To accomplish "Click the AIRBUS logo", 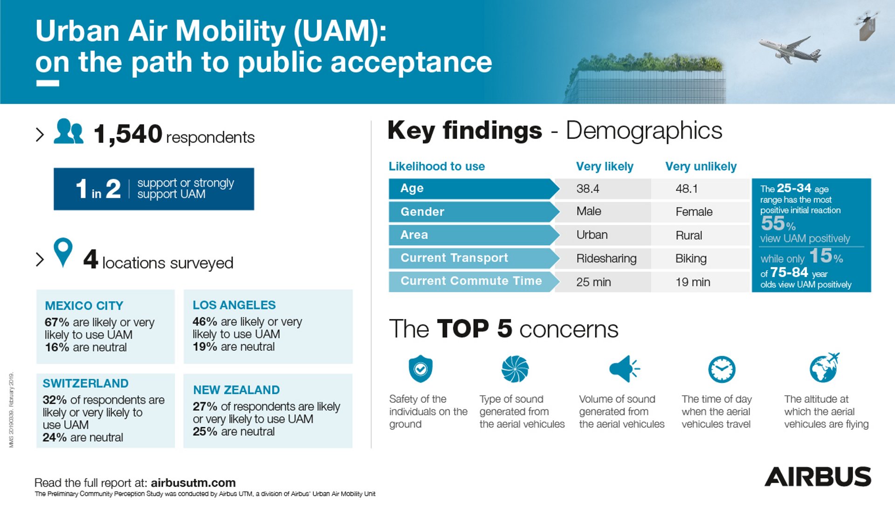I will (x=818, y=477).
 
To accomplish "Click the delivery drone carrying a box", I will (x=867, y=26).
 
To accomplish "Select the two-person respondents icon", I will (x=69, y=132).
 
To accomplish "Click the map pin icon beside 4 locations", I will (x=63, y=252).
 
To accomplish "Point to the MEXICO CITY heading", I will (x=84, y=305).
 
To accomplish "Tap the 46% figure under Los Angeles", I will (x=205, y=322).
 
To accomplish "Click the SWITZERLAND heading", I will (x=85, y=383).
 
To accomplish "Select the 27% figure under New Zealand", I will (x=205, y=407).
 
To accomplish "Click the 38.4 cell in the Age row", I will (x=588, y=189).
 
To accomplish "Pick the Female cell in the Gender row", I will (x=694, y=212).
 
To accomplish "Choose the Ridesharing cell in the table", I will (x=606, y=259).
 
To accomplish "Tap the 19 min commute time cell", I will (x=693, y=282).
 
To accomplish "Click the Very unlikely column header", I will (x=701, y=166).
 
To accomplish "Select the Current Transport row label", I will (x=454, y=258).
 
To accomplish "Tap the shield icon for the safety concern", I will (x=420, y=369).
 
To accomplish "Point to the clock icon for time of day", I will (x=722, y=369).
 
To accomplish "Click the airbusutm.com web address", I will (x=193, y=483).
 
